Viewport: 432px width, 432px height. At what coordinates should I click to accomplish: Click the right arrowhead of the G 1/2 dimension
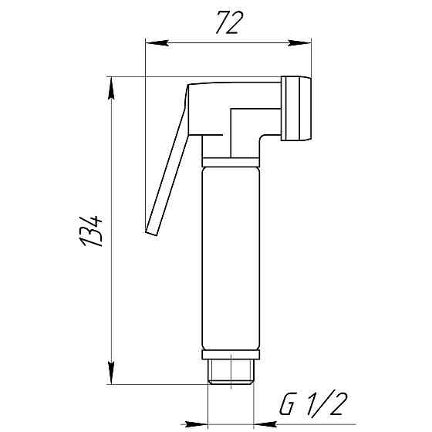pos(266,424)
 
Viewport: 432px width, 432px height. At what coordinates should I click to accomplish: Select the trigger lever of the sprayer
pos(171,162)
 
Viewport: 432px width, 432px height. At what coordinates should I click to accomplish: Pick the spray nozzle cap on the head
pos(297,110)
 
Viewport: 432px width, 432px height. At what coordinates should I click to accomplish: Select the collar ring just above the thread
pos(232,356)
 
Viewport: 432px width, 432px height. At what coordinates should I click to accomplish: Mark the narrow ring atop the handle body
pos(231,162)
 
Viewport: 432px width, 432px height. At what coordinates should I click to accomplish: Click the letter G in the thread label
pos(287,403)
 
